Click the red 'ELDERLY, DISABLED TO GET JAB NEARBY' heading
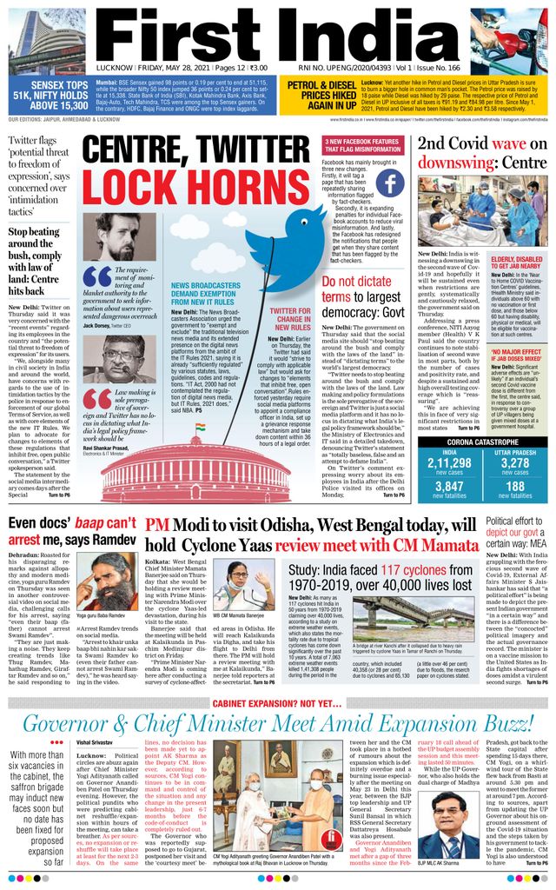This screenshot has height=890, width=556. [x=516, y=264]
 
